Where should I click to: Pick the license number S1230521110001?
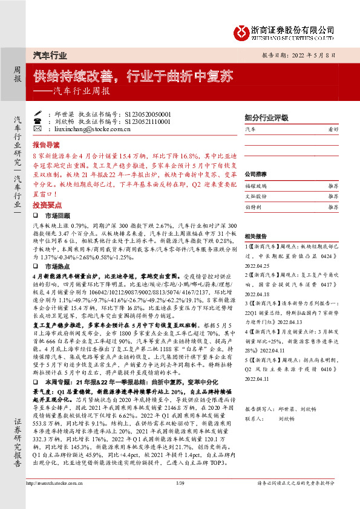(131, 122)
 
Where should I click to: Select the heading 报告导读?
(46, 146)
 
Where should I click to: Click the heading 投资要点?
(46, 205)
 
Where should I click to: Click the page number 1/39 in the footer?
(178, 500)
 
